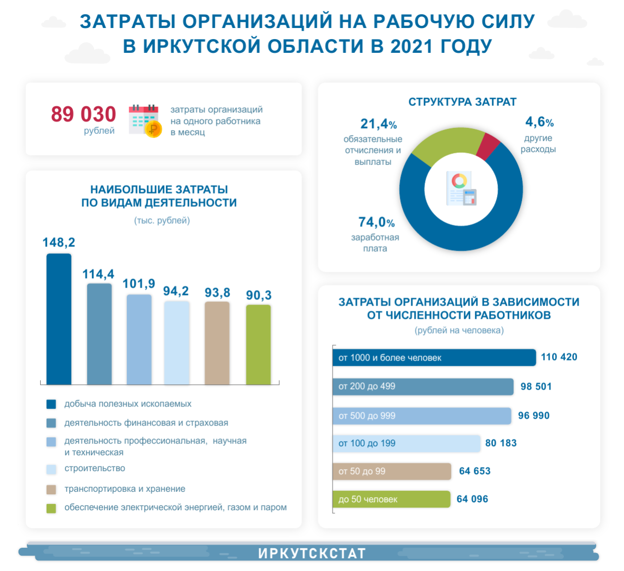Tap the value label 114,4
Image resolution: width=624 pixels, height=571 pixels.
(98, 274)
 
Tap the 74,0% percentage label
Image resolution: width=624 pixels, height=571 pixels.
(377, 222)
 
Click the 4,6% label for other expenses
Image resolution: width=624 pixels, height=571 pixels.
(539, 122)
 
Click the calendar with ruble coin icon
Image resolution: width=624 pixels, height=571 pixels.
(145, 121)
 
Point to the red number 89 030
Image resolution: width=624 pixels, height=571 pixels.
(84, 114)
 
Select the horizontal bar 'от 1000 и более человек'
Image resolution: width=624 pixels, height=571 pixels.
(434, 357)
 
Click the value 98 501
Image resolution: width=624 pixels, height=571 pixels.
(536, 386)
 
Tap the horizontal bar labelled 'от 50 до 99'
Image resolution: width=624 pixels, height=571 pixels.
(392, 471)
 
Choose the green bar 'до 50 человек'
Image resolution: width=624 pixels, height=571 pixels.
(391, 499)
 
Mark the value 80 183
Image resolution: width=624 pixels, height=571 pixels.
(501, 443)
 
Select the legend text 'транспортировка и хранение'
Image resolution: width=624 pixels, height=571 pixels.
(125, 489)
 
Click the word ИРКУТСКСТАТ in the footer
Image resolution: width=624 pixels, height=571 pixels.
(312, 554)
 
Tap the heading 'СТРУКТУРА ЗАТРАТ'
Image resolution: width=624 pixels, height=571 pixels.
(462, 102)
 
